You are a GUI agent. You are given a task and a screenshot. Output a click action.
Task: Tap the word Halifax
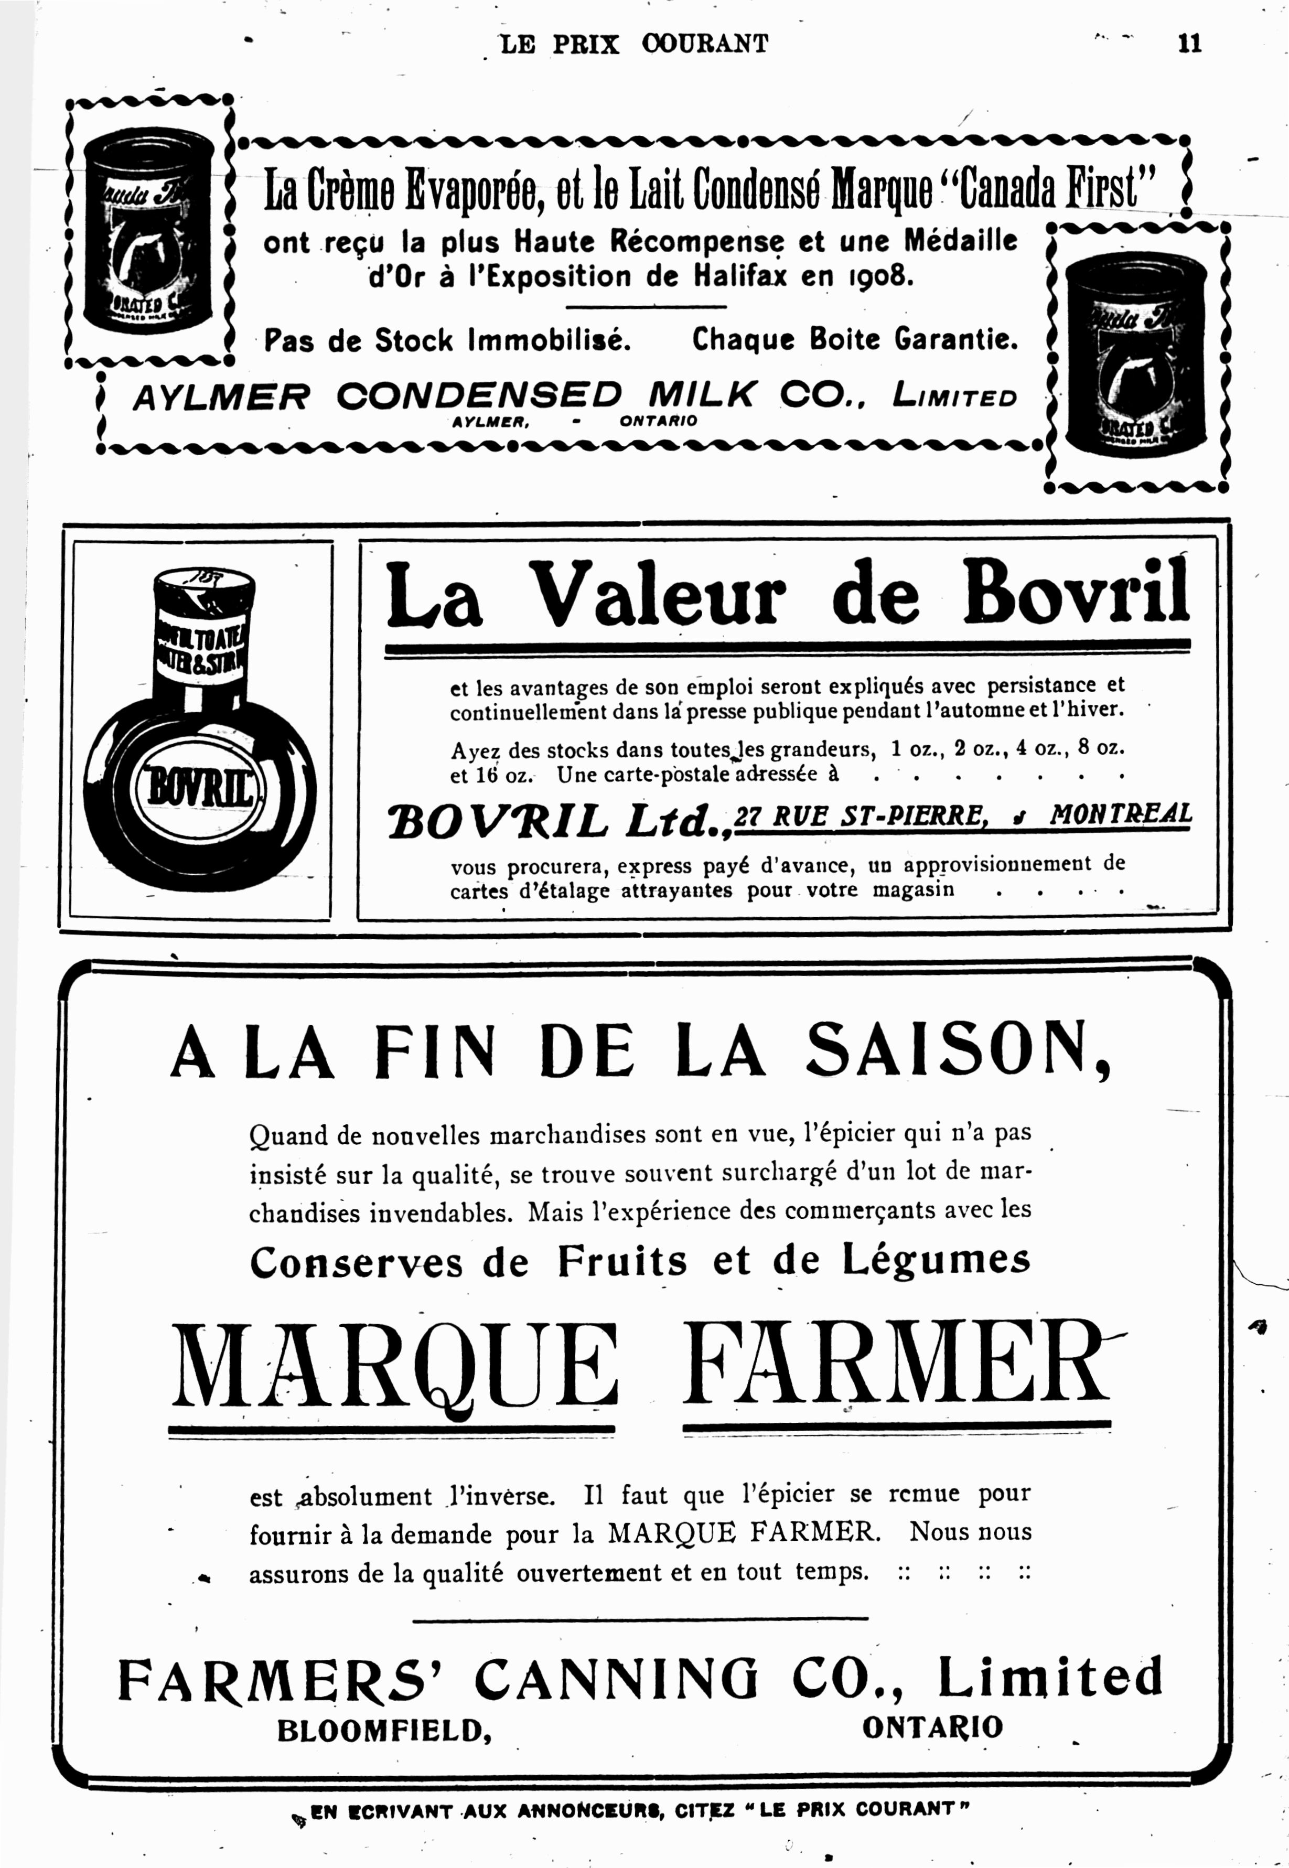pyautogui.click(x=740, y=277)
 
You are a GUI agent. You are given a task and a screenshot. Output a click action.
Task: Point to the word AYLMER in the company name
pyautogui.click(x=220, y=396)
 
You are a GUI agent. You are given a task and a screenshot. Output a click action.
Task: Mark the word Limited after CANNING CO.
pyautogui.click(x=1049, y=1678)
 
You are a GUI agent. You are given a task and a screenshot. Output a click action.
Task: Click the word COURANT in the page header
pyautogui.click(x=705, y=44)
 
